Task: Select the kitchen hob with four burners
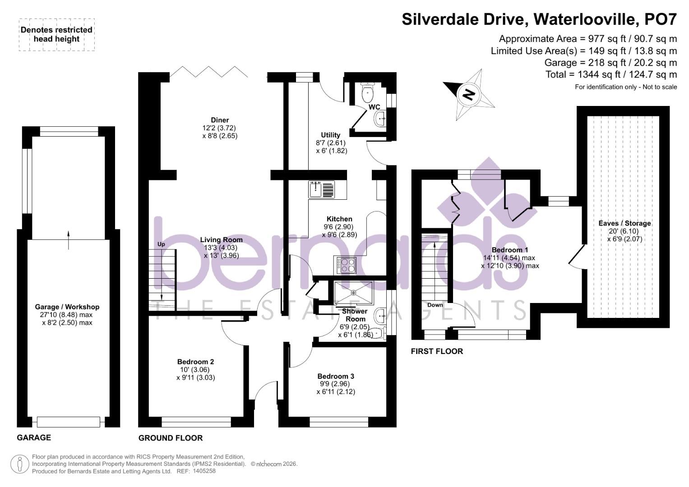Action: (x=345, y=265)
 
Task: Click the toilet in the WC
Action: (x=368, y=93)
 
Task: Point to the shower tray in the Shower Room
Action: (x=353, y=293)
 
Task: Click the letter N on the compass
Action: (x=468, y=95)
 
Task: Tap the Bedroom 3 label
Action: (x=336, y=376)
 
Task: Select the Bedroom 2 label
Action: (x=195, y=362)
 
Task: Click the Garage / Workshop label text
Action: (x=67, y=307)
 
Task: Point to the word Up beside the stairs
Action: (x=161, y=244)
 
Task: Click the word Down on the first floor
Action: (x=435, y=305)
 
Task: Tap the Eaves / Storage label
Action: (x=624, y=223)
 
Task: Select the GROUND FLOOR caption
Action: (x=170, y=438)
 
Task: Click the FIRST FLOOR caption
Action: (x=436, y=351)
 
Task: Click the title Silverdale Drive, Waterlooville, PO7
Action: (x=539, y=19)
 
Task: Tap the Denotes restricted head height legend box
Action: (x=57, y=35)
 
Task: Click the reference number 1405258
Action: (x=204, y=471)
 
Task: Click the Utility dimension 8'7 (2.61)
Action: (x=331, y=143)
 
